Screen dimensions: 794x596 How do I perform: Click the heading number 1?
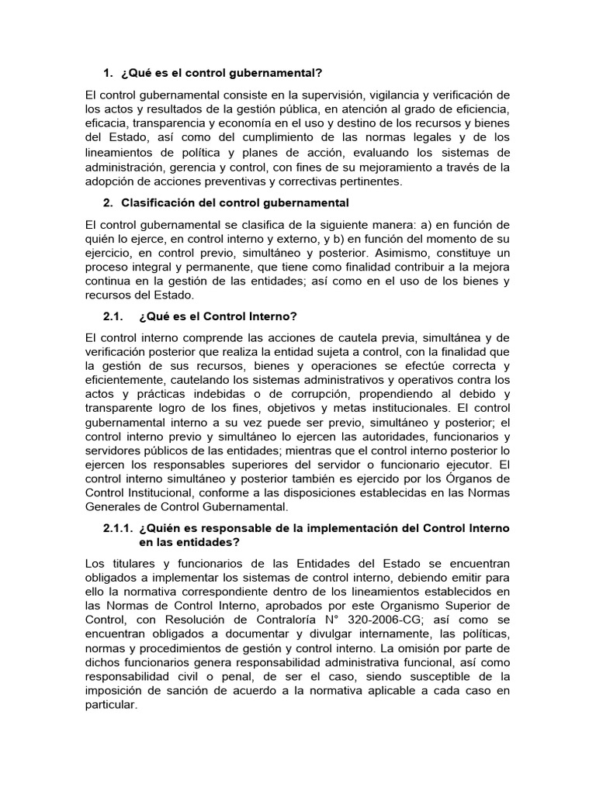click(107, 74)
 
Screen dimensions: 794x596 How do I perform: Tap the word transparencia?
click(170, 123)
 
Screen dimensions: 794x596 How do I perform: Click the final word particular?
click(111, 706)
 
